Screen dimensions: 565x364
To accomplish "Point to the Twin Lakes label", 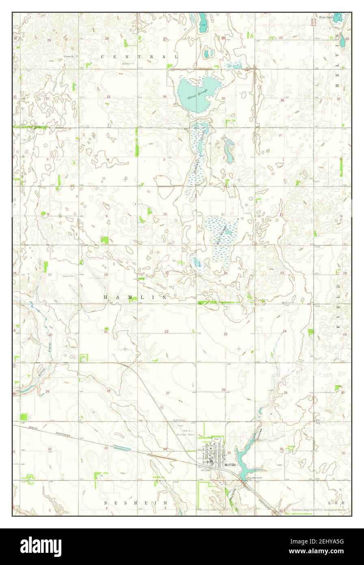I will pos(325,17).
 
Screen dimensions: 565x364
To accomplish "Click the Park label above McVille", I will pos(217,440).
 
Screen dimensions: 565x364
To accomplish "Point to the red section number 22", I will pos(167,332).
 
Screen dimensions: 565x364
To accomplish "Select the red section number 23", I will pos(225,334).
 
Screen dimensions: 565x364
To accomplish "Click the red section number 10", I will pos(165,214).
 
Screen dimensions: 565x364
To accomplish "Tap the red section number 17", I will pos(50,275).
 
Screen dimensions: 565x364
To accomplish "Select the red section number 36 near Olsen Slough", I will pos(282,100).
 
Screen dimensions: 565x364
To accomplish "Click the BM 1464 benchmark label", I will pos(206,470).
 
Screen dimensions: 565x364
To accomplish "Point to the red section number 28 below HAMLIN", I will pos(108,391).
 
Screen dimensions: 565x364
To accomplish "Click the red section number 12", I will pos(281,214).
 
